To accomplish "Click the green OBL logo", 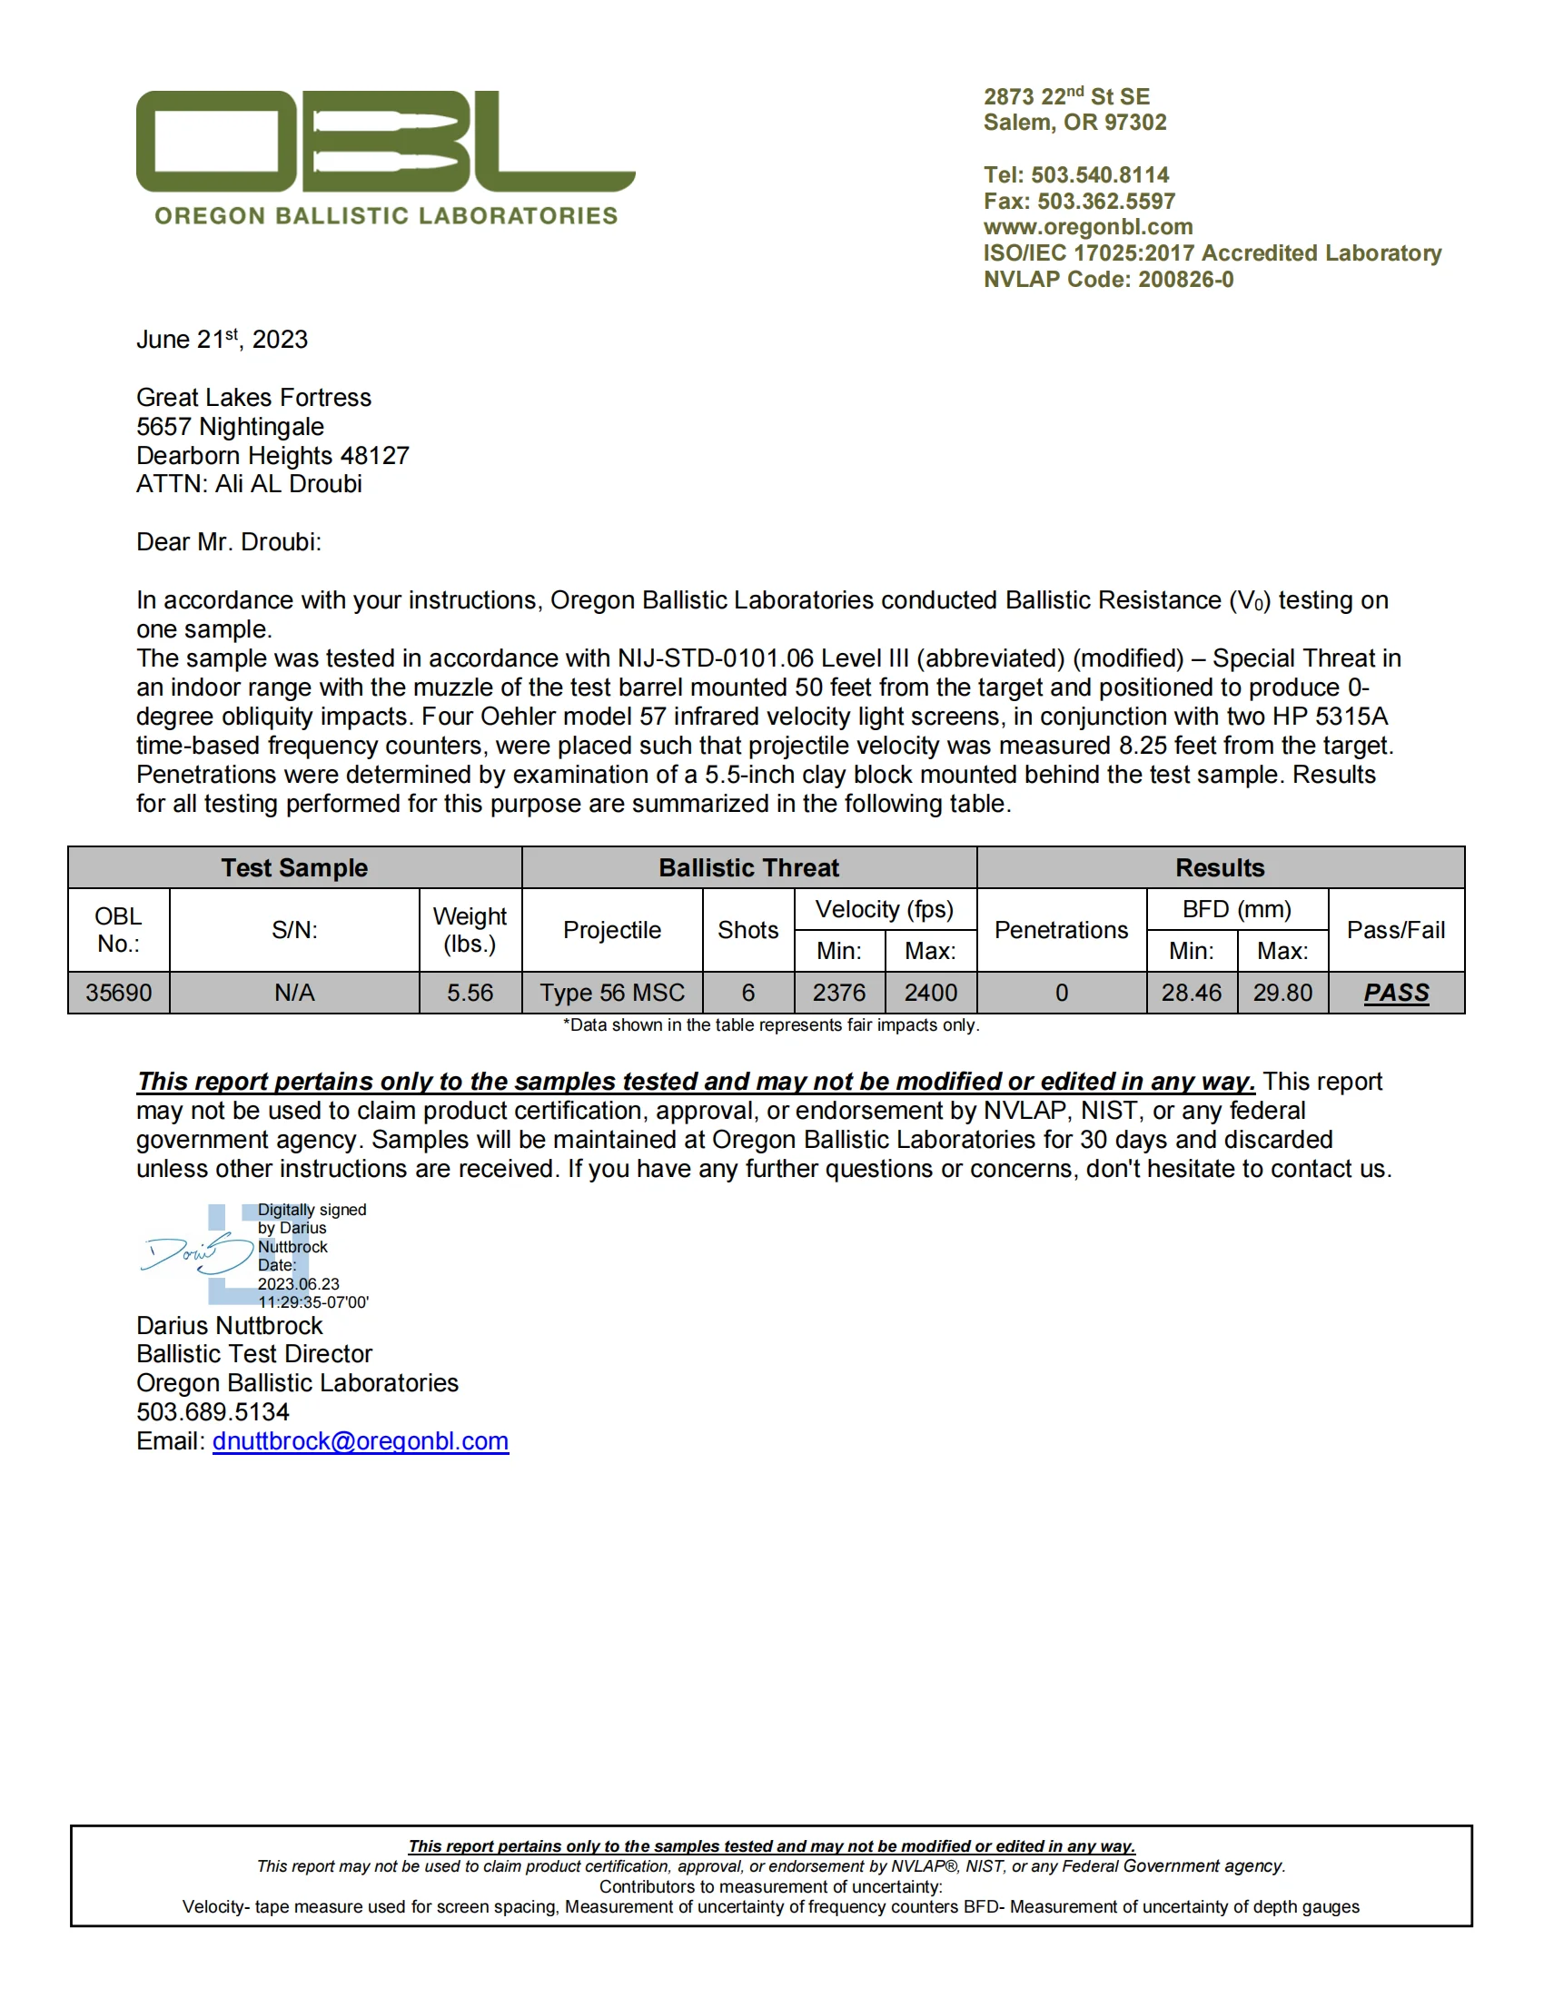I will pyautogui.click(x=385, y=142).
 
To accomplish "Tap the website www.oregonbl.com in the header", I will pyautogui.click(x=1087, y=227).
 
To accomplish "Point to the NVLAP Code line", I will pyautogui.click(x=1108, y=279).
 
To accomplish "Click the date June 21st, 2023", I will pyautogui.click(x=222, y=340).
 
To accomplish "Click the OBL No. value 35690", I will pyautogui.click(x=118, y=993).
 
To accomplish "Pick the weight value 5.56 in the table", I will pyautogui.click(x=470, y=993).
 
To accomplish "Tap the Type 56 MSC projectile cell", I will pyautogui.click(x=612, y=993).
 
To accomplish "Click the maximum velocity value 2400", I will pyautogui.click(x=930, y=993).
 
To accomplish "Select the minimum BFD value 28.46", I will pyautogui.click(x=1191, y=993).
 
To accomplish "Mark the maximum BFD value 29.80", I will pyautogui.click(x=1282, y=993).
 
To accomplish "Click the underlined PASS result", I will pyautogui.click(x=1396, y=993).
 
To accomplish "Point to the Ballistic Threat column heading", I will pyautogui.click(x=748, y=867).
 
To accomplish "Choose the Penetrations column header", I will pyautogui.click(x=1061, y=929).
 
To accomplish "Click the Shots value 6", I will pyautogui.click(x=747, y=993).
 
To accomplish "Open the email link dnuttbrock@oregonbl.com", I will pyautogui.click(x=361, y=1441).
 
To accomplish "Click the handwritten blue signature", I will pyautogui.click(x=196, y=1253).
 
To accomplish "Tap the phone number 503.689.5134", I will pyautogui.click(x=213, y=1411).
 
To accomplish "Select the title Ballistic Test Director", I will pyautogui.click(x=254, y=1354).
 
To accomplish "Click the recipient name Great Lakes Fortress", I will pyautogui.click(x=253, y=398).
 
